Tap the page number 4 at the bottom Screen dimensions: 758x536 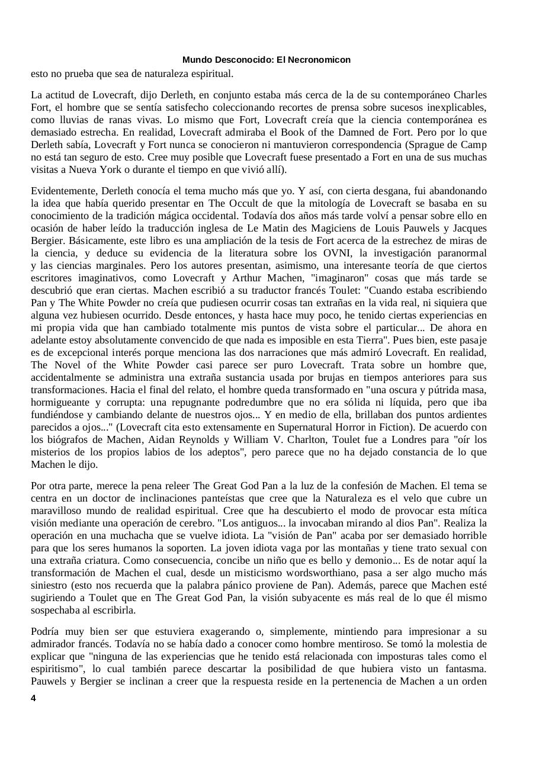pos(33,698)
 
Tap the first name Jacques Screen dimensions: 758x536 pos(468,228)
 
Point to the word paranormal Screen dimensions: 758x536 pos(460,253)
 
